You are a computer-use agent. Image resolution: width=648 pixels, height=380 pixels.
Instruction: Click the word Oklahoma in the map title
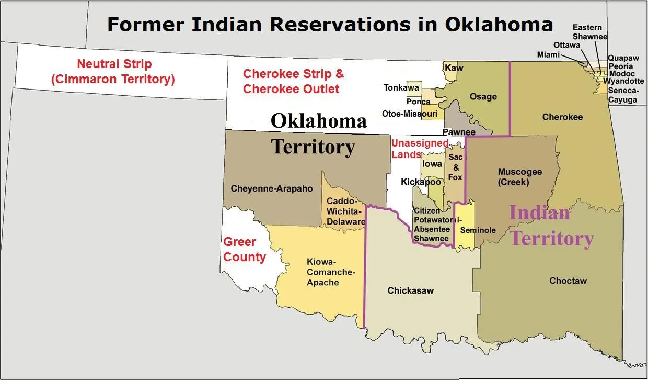pyautogui.click(x=499, y=25)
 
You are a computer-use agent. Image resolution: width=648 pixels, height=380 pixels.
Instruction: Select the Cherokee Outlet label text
pyautogui.click(x=291, y=89)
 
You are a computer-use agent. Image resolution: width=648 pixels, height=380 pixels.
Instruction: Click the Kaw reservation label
pyautogui.click(x=454, y=68)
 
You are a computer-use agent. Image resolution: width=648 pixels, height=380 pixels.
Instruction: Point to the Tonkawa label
pyautogui.click(x=401, y=87)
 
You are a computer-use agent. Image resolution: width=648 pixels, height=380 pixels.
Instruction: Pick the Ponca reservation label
pyautogui.click(x=419, y=102)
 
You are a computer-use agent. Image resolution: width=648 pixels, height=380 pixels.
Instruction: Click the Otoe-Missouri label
pyautogui.click(x=410, y=114)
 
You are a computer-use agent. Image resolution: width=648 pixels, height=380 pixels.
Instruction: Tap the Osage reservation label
pyautogui.click(x=483, y=96)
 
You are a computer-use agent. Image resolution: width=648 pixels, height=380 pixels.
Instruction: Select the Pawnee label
pyautogui.click(x=459, y=132)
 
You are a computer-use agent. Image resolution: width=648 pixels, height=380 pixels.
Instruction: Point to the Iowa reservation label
pyautogui.click(x=432, y=164)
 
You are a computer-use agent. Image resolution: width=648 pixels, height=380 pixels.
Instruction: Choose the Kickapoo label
pyautogui.click(x=421, y=182)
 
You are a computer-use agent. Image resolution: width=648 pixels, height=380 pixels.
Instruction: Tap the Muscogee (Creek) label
pyautogui.click(x=519, y=177)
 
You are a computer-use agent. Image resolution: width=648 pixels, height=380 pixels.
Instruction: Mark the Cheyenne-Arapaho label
pyautogui.click(x=272, y=188)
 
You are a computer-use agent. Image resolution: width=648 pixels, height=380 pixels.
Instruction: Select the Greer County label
pyautogui.click(x=244, y=250)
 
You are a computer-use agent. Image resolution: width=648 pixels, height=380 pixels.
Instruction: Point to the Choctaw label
pyautogui.click(x=568, y=281)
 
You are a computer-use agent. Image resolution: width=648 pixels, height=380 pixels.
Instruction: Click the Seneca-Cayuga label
pyautogui.click(x=622, y=95)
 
